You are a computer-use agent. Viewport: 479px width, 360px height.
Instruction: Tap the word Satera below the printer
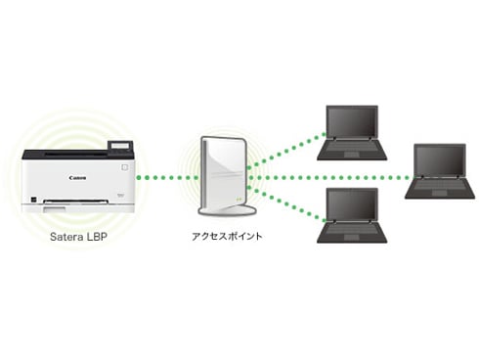click(x=66, y=237)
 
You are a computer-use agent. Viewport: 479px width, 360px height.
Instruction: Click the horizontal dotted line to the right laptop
click(x=332, y=178)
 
